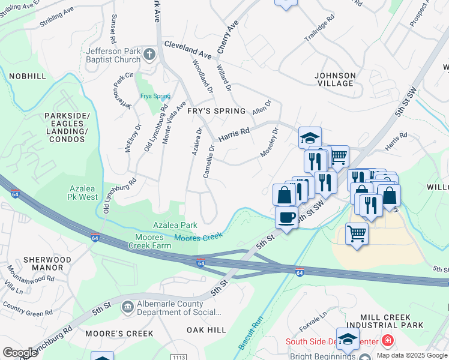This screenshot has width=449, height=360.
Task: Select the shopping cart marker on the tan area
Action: [357, 233]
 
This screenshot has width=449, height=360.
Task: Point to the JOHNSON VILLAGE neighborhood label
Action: [335, 79]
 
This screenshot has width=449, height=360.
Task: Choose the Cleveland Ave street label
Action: [188, 50]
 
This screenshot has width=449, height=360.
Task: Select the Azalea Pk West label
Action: [83, 193]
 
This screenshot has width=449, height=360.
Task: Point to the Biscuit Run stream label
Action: [251, 333]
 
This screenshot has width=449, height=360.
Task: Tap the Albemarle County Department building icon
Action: [127, 307]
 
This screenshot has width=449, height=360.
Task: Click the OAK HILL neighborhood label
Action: [206, 330]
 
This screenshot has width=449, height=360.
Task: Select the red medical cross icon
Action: [388, 341]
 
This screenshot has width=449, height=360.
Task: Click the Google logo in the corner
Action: [20, 353]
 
